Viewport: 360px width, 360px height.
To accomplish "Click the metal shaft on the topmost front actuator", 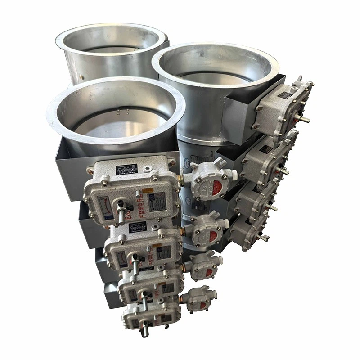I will [x=121, y=213].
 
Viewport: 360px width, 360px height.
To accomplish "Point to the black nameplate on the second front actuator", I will [x=137, y=228].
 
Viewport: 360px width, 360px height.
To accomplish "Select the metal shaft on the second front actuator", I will [x=134, y=266].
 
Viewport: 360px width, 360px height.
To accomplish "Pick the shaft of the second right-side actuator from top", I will [x=284, y=171].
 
